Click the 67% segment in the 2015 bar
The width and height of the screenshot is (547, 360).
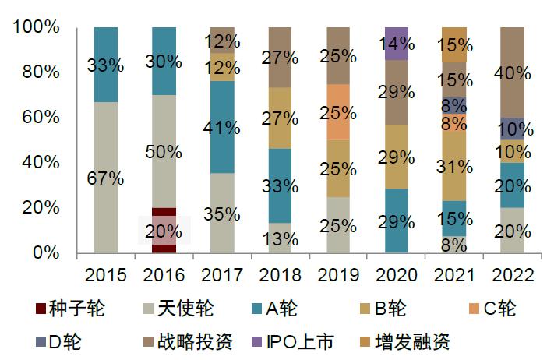click(x=105, y=178)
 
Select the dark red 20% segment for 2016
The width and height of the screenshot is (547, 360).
click(x=164, y=231)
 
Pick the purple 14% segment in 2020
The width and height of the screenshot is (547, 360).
click(x=397, y=44)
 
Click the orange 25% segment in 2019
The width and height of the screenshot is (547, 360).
click(x=338, y=112)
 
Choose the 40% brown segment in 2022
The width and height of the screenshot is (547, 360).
click(x=512, y=72)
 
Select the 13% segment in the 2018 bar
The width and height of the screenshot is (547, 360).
click(x=280, y=238)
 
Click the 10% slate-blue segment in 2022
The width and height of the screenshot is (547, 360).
click(x=512, y=129)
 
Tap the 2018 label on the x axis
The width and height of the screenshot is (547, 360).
click(x=280, y=275)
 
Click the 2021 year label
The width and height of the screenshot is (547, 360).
click(x=454, y=275)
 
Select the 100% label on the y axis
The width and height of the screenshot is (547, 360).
click(x=37, y=27)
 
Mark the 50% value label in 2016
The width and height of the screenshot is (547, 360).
click(x=164, y=152)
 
